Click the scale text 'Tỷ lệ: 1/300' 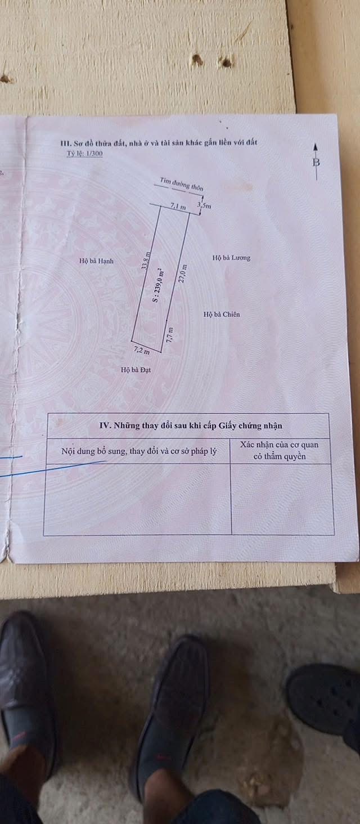(84, 154)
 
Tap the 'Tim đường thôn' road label (181, 183)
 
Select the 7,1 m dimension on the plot (178, 207)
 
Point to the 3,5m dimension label (204, 205)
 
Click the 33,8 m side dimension (146, 261)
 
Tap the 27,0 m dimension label (183, 274)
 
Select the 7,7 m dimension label (169, 335)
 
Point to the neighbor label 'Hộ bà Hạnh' (96, 261)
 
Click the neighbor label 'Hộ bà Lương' (231, 258)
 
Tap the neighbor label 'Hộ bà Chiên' (222, 315)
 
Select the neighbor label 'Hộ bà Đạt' (136, 370)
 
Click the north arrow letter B (316, 162)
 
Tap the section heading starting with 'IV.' (191, 426)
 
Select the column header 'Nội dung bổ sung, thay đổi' (138, 451)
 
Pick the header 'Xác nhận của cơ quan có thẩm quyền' (280, 451)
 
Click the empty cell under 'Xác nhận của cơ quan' (282, 499)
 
